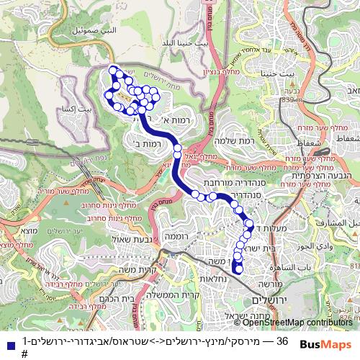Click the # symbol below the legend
click(24, 354)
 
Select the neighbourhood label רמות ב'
click(146, 144)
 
